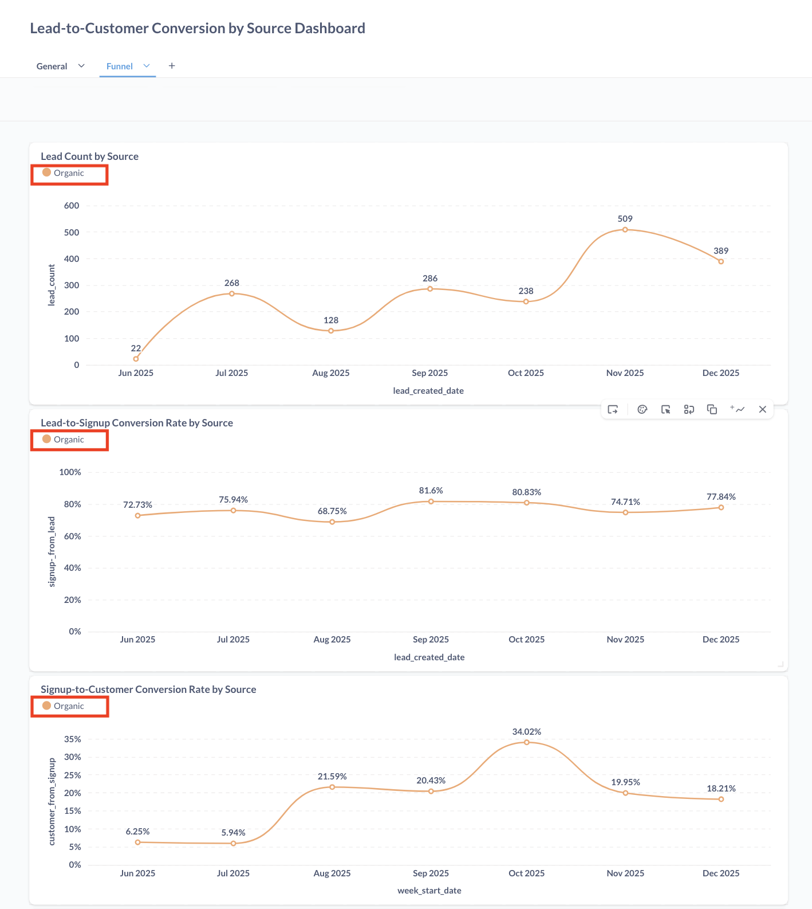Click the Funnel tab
(120, 66)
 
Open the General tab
(52, 66)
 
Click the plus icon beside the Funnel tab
(172, 66)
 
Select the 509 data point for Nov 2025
(625, 230)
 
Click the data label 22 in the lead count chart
(136, 348)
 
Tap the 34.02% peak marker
(527, 742)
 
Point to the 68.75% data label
(332, 511)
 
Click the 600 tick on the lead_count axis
(72, 206)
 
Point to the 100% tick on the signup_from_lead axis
(70, 472)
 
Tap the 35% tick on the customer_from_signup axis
(73, 739)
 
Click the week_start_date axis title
(429, 891)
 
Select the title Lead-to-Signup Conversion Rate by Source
(137, 423)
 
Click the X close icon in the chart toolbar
(762, 409)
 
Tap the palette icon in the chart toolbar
(642, 409)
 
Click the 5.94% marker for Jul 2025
(233, 843)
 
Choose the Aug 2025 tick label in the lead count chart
(330, 373)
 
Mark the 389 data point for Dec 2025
(721, 261)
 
